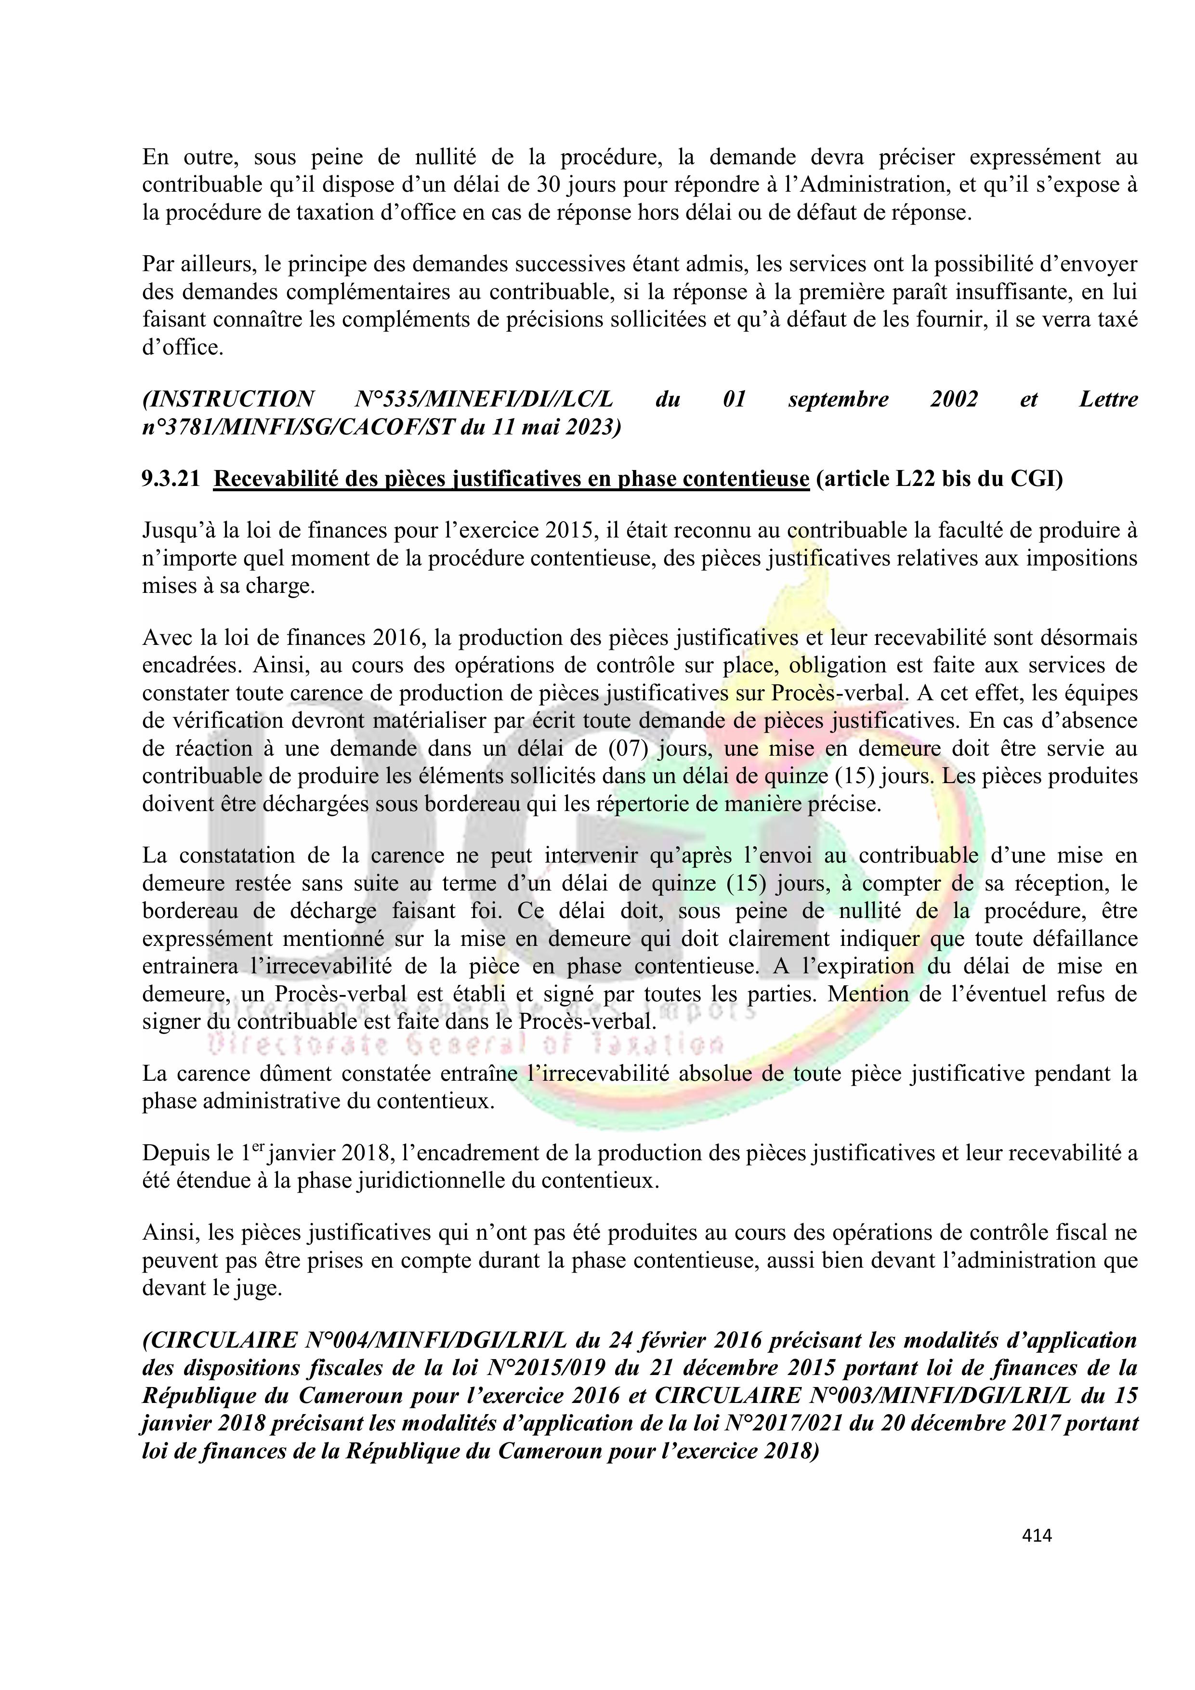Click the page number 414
click(x=1037, y=1535)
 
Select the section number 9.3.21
click(x=171, y=479)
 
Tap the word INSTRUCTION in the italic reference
click(x=228, y=400)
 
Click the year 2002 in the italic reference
click(x=954, y=400)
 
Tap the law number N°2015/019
click(x=547, y=1368)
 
